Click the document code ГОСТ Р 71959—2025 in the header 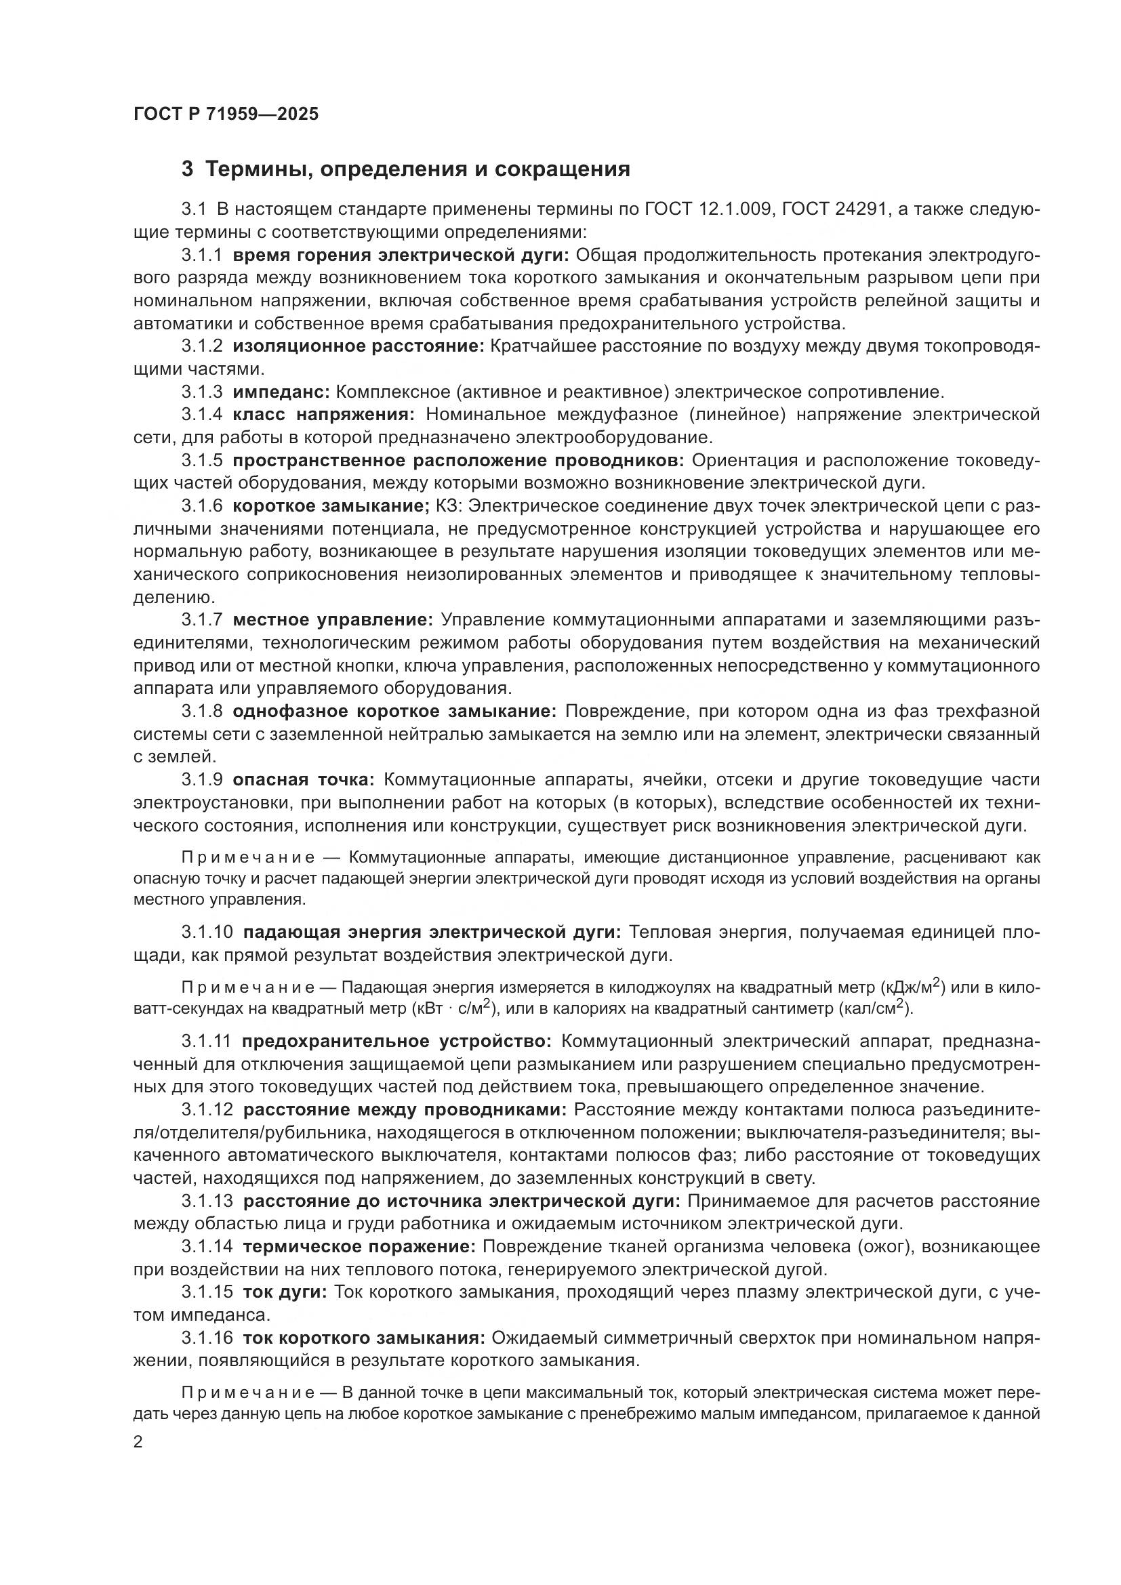pos(226,115)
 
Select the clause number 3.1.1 pos(201,255)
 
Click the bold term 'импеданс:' pos(281,392)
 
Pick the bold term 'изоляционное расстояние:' pos(359,346)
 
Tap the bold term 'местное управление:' pos(333,620)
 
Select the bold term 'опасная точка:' pos(303,779)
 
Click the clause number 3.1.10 pos(207,932)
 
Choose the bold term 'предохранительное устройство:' pos(397,1041)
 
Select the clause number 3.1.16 pos(207,1338)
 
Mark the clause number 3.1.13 pos(207,1201)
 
